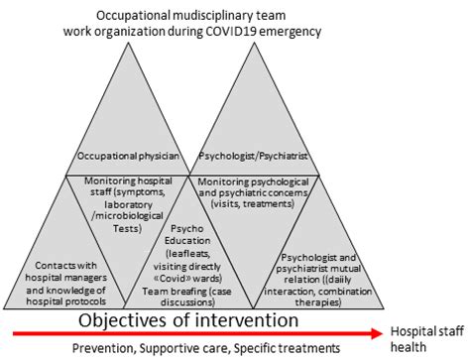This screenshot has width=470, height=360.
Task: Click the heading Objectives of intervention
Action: pyautogui.click(x=188, y=321)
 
